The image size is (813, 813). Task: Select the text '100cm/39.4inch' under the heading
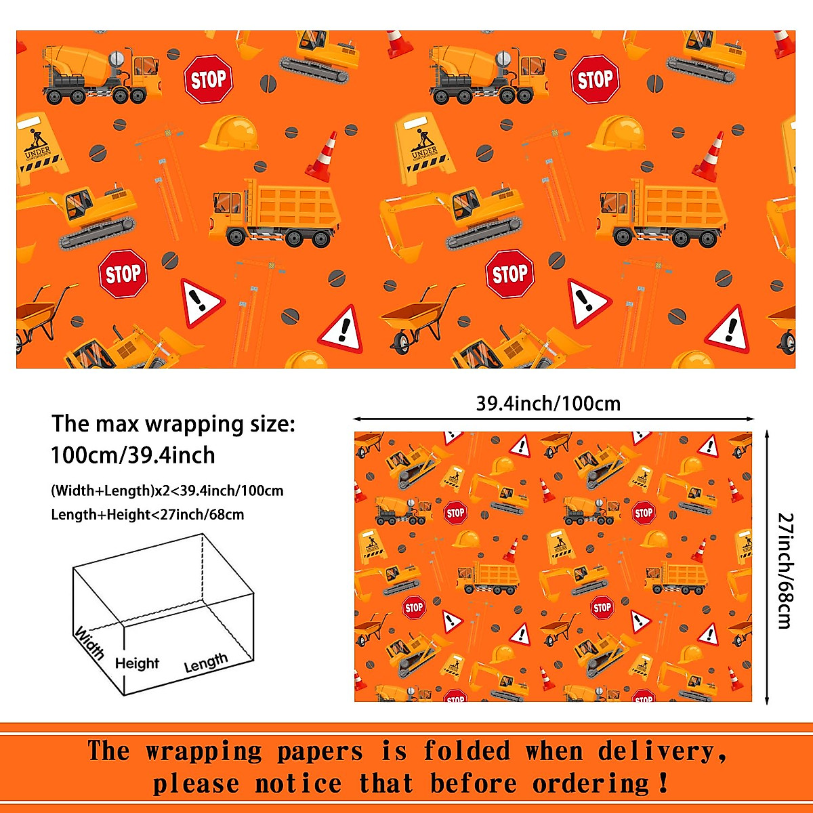click(133, 455)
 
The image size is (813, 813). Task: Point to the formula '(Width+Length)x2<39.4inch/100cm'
click(167, 491)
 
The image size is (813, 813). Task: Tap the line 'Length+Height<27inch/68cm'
click(148, 515)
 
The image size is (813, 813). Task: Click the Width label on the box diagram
click(89, 642)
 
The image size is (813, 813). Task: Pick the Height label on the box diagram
click(137, 663)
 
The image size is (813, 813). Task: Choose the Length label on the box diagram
click(206, 663)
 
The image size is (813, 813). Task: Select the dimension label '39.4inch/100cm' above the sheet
click(548, 404)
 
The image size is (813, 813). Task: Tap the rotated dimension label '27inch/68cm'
click(785, 570)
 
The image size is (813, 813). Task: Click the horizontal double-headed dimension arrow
click(553, 419)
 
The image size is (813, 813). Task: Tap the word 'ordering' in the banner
click(591, 785)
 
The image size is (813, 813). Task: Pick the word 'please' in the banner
click(196, 785)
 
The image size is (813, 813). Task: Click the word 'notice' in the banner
click(298, 785)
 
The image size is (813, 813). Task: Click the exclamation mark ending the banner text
click(663, 784)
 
